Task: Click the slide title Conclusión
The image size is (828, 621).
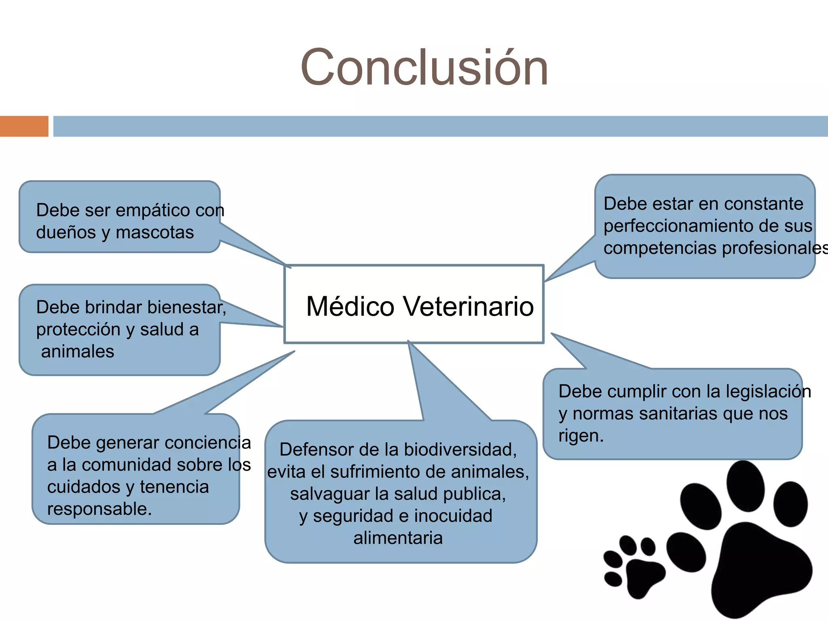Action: (x=424, y=68)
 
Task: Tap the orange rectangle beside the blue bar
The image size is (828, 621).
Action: (x=24, y=126)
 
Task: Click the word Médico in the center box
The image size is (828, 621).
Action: (x=350, y=306)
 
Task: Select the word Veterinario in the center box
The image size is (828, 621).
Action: (x=469, y=306)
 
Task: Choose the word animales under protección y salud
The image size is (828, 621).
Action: (x=78, y=351)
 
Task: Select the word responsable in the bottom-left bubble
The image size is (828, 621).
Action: (x=99, y=509)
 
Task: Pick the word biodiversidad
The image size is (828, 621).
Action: (x=460, y=450)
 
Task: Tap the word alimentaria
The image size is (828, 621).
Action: (x=398, y=538)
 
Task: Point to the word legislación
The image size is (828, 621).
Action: (x=768, y=392)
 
